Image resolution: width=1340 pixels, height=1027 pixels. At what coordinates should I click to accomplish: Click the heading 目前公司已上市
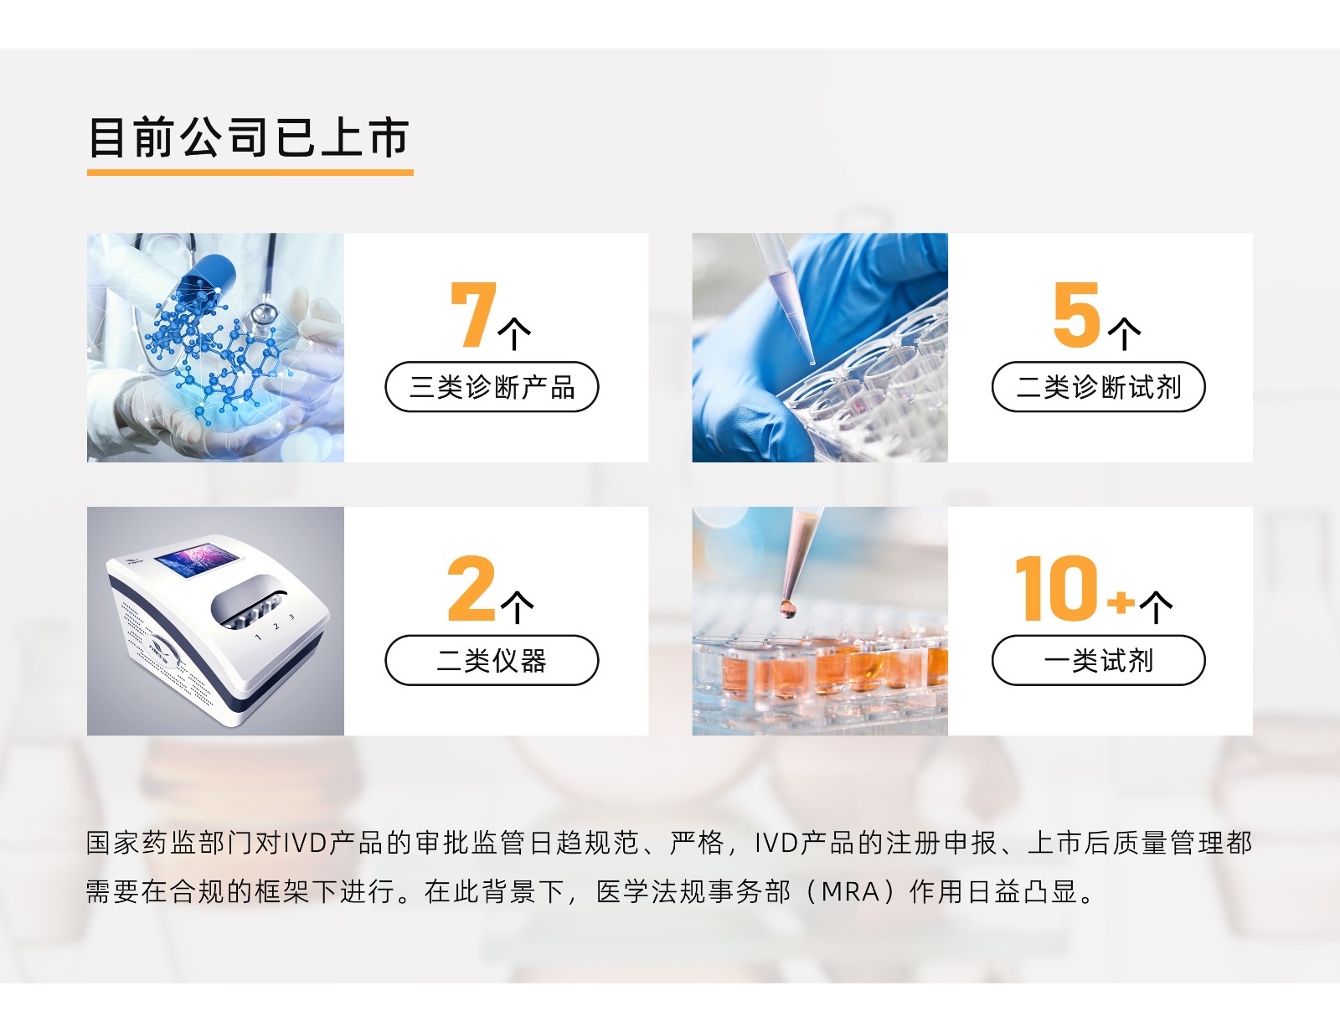(249, 137)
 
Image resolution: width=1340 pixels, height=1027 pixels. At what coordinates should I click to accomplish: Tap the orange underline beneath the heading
(250, 173)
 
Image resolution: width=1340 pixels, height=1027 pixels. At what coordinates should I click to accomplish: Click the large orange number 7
(473, 315)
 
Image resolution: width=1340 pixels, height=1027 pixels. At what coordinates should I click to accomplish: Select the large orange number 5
(1077, 314)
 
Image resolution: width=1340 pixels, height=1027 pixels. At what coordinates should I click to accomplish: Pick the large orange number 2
(472, 588)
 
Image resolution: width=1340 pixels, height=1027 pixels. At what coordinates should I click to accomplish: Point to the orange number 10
(1056, 588)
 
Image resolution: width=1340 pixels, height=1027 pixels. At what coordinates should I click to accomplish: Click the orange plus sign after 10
(1121, 601)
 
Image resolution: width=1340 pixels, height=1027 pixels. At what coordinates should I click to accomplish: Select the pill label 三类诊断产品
(492, 387)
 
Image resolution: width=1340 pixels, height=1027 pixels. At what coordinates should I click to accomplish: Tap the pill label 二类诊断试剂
(1098, 387)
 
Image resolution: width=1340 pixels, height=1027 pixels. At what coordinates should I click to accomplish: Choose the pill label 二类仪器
(492, 660)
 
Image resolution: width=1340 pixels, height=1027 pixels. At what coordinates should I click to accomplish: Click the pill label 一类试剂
(1098, 660)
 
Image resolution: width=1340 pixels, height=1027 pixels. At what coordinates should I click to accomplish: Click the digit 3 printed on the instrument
(291, 617)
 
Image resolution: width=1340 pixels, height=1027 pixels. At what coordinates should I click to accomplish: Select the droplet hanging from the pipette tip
(787, 610)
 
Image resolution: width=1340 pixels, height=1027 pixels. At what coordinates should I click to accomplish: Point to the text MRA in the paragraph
(850, 891)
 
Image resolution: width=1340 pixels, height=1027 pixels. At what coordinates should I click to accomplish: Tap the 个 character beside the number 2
(517, 607)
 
